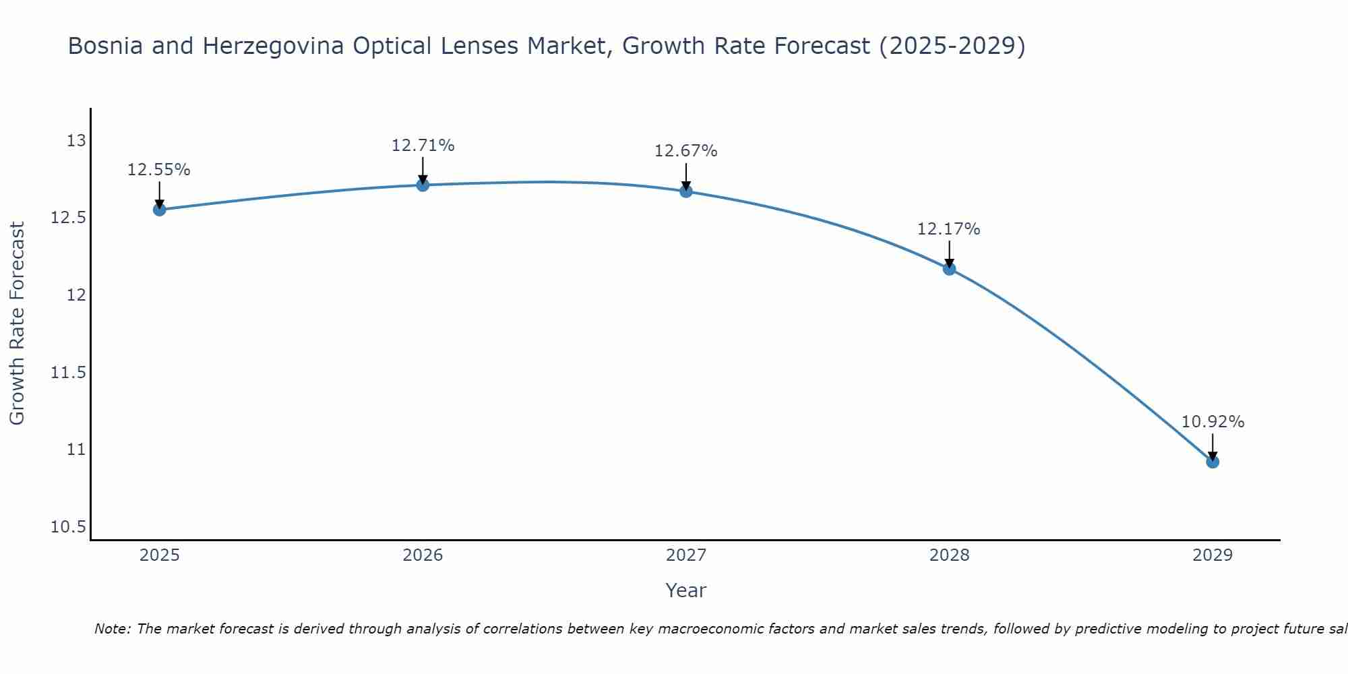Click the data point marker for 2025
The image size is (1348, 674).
click(x=160, y=210)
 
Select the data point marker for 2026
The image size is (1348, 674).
click(x=423, y=185)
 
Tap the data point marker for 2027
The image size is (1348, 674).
click(x=686, y=191)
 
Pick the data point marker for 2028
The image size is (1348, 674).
click(x=949, y=269)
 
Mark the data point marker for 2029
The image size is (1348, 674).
click(x=1213, y=462)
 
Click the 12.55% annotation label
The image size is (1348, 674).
click(x=159, y=170)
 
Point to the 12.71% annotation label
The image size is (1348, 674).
click(x=423, y=146)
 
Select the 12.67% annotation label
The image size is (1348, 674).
click(x=686, y=151)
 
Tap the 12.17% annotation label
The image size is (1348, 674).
click(x=949, y=229)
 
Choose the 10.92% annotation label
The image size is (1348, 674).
click(x=1213, y=422)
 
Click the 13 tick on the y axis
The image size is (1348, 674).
click(x=76, y=141)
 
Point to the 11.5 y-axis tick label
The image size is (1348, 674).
click(x=69, y=372)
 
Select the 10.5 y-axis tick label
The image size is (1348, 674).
click(x=69, y=526)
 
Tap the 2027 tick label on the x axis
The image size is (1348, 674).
click(x=686, y=555)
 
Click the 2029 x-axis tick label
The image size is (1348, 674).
click(x=1213, y=555)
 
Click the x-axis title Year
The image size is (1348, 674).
click(x=686, y=590)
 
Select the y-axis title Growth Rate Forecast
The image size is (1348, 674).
click(x=17, y=324)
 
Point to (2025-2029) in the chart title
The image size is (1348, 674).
click(x=952, y=46)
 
